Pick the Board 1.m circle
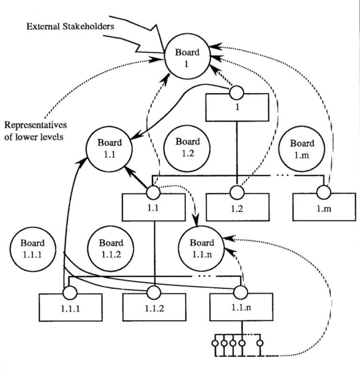[x=302, y=149]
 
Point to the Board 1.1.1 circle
[x=33, y=248]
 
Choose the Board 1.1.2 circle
[x=111, y=248]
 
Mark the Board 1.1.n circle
[x=201, y=248]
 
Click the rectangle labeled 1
[x=237, y=107]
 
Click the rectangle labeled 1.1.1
[x=71, y=307]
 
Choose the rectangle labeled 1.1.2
[x=154, y=307]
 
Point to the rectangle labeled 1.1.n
[x=241, y=307]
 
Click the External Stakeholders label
[x=70, y=26]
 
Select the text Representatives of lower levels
[x=35, y=131]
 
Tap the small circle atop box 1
[x=237, y=92]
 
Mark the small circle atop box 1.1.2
[x=154, y=292]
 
